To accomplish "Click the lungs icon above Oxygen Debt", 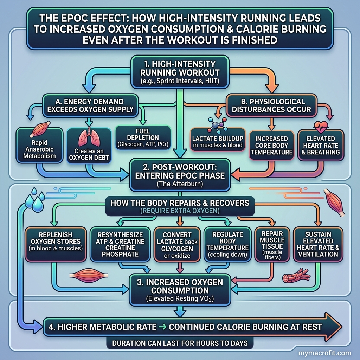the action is pos(89,137).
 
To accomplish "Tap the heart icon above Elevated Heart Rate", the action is pos(321,127).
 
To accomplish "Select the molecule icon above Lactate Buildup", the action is pos(217,126).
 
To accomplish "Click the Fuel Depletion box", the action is pos(143,137).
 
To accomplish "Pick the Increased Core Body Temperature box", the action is pos(271,145).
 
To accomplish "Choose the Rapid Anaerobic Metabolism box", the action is pos(39,146).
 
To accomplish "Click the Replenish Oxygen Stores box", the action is pos(56,244).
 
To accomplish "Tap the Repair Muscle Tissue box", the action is pos(272,244).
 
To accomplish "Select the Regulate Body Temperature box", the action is pos(227,244).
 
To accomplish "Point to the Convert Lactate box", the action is pos(177,244).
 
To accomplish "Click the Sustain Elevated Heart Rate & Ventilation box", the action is pos(318,244).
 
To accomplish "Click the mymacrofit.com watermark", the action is pos(324,353).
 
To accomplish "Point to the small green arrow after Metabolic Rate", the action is pos(163,327).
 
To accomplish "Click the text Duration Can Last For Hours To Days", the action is pos(180,343).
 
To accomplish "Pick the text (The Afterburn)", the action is pos(180,184).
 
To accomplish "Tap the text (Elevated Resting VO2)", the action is pos(180,299).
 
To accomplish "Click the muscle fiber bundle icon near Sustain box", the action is pos(296,275).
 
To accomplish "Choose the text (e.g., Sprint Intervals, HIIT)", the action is pos(180,81).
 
